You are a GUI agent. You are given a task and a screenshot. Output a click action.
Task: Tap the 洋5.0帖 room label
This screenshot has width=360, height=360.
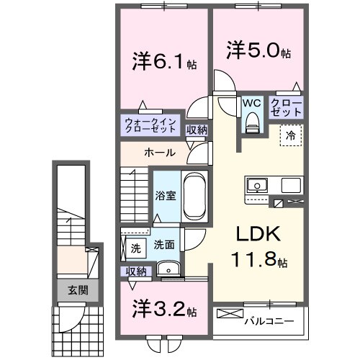[259, 53]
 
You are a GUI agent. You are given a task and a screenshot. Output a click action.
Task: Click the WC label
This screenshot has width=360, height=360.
[251, 103]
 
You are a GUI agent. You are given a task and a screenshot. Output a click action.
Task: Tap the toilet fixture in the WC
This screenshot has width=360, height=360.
[251, 123]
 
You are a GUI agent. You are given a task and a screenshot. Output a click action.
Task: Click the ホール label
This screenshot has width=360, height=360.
[157, 153]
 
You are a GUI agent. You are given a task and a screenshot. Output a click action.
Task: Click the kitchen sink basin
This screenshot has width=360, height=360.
[256, 186]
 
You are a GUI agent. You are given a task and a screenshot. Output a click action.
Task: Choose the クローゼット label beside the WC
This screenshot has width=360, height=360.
[286, 109]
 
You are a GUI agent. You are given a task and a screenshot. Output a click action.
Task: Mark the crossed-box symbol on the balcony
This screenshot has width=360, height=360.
[229, 315]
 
